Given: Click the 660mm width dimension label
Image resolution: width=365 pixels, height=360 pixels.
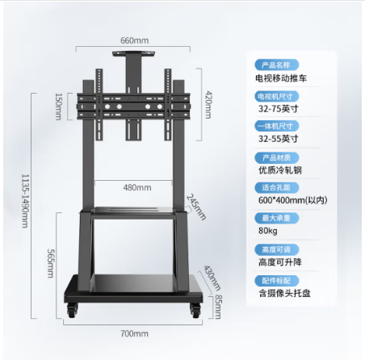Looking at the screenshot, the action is pyautogui.click(x=134, y=40).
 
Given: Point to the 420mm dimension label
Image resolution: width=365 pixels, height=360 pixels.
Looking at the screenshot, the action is pyautogui.click(x=208, y=105).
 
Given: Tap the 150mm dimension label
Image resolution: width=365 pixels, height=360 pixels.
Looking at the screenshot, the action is pyautogui.click(x=58, y=107).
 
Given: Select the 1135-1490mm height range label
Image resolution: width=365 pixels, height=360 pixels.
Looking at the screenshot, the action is pyautogui.click(x=25, y=201).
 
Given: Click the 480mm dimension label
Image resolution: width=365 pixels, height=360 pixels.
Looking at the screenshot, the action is pyautogui.click(x=137, y=187).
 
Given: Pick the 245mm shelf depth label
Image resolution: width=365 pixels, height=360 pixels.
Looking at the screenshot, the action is pyautogui.click(x=196, y=207).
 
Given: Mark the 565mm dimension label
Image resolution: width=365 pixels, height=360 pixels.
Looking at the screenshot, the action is pyautogui.click(x=51, y=263).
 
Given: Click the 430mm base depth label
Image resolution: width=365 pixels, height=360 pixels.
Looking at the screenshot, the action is pyautogui.click(x=212, y=278).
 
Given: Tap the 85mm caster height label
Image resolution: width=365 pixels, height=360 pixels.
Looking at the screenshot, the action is pyautogui.click(x=218, y=307).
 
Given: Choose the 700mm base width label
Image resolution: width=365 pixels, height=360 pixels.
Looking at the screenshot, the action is pyautogui.click(x=134, y=334).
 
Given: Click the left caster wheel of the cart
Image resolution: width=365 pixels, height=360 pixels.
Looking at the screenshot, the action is pyautogui.click(x=72, y=310).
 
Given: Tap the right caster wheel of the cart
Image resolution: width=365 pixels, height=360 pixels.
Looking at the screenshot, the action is pyautogui.click(x=195, y=310).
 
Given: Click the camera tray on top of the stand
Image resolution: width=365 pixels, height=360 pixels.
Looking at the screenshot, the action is pyautogui.click(x=133, y=53).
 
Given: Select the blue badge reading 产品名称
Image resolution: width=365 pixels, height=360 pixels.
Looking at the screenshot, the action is pyautogui.click(x=277, y=65).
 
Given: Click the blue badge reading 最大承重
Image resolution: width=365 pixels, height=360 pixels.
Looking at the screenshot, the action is pyautogui.click(x=277, y=218).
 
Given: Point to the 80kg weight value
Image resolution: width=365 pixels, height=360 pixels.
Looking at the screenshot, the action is pyautogui.click(x=268, y=231).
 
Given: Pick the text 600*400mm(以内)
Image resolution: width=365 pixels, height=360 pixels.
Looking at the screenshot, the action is pyautogui.click(x=293, y=200).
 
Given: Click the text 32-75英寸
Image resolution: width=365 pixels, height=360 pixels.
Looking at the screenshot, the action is pyautogui.click(x=279, y=109).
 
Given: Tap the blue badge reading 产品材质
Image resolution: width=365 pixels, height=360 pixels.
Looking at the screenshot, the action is pyautogui.click(x=277, y=157).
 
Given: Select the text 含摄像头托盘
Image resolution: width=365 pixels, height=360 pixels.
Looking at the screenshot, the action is pyautogui.click(x=284, y=293).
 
